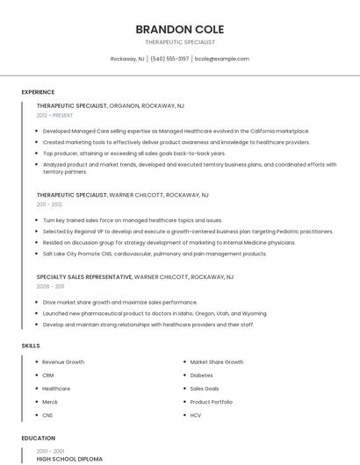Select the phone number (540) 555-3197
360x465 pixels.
tap(169, 59)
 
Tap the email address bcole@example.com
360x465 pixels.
tap(222, 59)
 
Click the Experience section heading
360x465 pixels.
tap(38, 92)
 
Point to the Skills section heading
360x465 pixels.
tap(31, 346)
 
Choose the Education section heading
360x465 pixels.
tap(39, 438)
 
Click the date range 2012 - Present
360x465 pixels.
tap(54, 115)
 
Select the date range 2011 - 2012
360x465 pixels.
tap(49, 204)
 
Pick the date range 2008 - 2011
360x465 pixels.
tap(50, 286)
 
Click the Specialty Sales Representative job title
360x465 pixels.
tap(84, 276)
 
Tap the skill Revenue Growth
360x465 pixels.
tap(63, 361)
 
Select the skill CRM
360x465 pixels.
tap(48, 375)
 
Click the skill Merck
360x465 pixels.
tap(51, 401)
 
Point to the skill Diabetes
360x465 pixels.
tap(201, 375)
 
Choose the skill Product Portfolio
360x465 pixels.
tap(212, 401)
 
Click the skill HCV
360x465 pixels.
tap(196, 414)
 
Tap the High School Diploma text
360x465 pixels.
tap(69, 459)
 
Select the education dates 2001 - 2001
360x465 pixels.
tap(49, 450)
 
